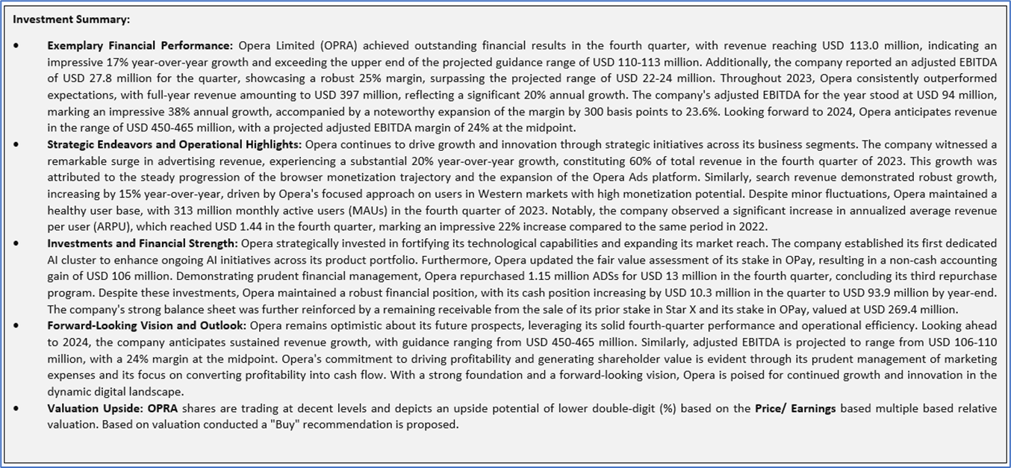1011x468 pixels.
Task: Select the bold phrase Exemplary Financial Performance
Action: tap(140, 46)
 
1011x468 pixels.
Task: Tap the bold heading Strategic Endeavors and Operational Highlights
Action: tap(175, 144)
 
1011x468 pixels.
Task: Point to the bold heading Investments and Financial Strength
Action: tap(143, 243)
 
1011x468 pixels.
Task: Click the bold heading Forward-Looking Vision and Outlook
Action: tap(147, 325)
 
